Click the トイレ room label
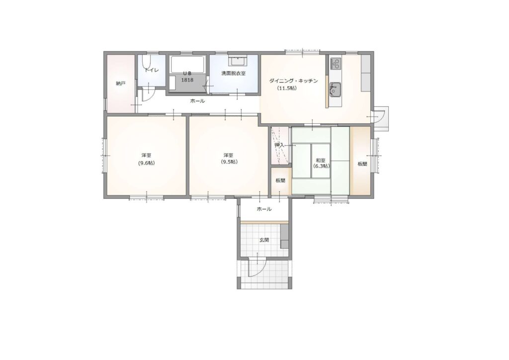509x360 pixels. pyautogui.click(x=152, y=70)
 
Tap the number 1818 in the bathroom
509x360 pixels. pyautogui.click(x=187, y=80)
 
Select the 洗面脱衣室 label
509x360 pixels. pyautogui.click(x=234, y=74)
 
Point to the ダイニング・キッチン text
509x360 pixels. pyautogui.click(x=293, y=81)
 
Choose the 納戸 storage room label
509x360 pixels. pyautogui.click(x=120, y=84)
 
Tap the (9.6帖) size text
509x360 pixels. pyautogui.click(x=146, y=163)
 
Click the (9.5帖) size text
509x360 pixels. pyautogui.click(x=229, y=162)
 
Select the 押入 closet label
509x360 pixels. pyautogui.click(x=279, y=145)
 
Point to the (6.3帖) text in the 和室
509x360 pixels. pyautogui.click(x=321, y=166)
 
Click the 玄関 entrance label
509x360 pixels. pyautogui.click(x=264, y=240)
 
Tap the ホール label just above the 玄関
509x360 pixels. pyautogui.click(x=264, y=209)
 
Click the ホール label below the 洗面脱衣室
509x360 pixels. pyautogui.click(x=197, y=101)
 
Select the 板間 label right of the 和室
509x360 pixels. pyautogui.click(x=362, y=164)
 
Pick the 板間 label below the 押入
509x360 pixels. pyautogui.click(x=280, y=180)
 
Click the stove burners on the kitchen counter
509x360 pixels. pyautogui.click(x=336, y=63)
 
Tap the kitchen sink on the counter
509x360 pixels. pyautogui.click(x=336, y=90)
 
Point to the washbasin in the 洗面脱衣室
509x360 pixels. pyautogui.click(x=239, y=61)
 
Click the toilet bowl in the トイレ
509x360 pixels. pyautogui.click(x=146, y=62)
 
